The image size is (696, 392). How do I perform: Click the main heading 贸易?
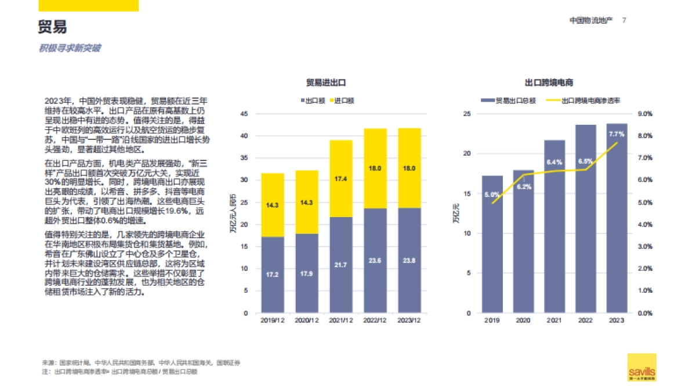point(53,27)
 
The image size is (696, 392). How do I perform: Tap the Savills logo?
point(641,367)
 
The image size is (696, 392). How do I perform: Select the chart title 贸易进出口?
point(326,83)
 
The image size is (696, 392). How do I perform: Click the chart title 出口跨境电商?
point(549,83)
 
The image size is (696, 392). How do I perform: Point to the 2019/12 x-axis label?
point(273,321)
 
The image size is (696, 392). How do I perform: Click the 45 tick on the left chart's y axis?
point(244,114)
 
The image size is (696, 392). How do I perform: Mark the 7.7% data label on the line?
point(617,134)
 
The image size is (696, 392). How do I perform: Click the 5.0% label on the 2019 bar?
point(492,195)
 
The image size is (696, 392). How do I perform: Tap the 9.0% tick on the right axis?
point(645,114)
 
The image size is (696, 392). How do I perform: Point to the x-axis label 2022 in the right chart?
point(585,321)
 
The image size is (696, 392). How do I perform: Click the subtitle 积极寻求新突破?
point(70,48)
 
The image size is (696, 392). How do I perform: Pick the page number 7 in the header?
point(624,20)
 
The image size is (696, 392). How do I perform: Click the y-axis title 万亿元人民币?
point(233,213)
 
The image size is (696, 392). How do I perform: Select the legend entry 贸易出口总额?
point(512,100)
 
